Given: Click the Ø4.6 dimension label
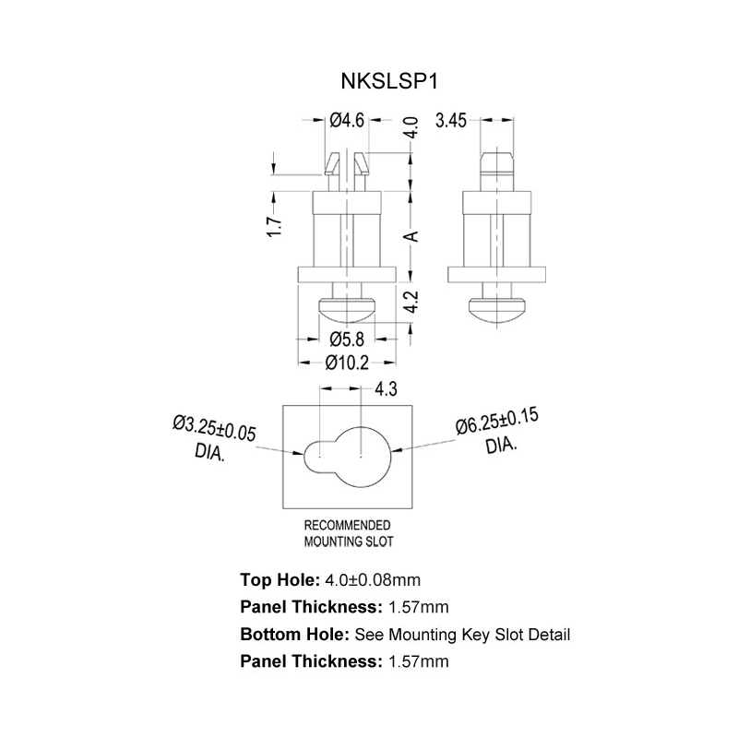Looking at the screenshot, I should coord(348,120).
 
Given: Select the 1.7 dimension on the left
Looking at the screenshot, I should coord(273,226).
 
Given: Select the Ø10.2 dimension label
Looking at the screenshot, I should coord(347,363).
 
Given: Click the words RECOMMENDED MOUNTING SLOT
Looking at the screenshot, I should coord(347,533).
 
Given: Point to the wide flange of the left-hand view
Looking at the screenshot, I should coord(347,274).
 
